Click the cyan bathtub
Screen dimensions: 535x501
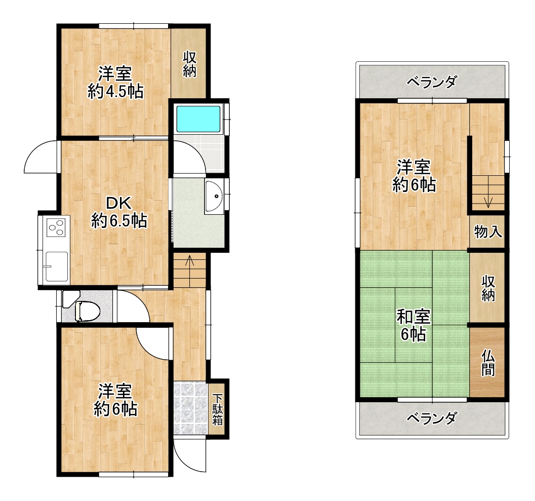tap(198, 119)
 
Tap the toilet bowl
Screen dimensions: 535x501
tap(88, 311)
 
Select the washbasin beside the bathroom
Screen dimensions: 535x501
tap(214, 196)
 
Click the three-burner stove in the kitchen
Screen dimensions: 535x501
tap(56, 227)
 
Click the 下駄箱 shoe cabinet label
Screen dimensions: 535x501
tap(217, 410)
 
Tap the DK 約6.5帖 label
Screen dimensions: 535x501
tap(119, 212)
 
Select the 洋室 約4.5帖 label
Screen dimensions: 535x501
tap(115, 83)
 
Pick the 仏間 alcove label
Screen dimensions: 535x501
tap(488, 363)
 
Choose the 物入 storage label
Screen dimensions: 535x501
tap(488, 232)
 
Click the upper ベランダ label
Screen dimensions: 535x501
tap(432, 82)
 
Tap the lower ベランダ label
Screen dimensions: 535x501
tap(432, 418)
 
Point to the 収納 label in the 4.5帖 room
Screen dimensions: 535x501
tap(190, 64)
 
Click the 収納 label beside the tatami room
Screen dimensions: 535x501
tap(488, 289)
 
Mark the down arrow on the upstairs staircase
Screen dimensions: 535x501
tap(488, 202)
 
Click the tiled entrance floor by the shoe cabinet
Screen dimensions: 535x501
tap(190, 408)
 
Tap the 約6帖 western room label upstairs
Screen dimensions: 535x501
tap(414, 176)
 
